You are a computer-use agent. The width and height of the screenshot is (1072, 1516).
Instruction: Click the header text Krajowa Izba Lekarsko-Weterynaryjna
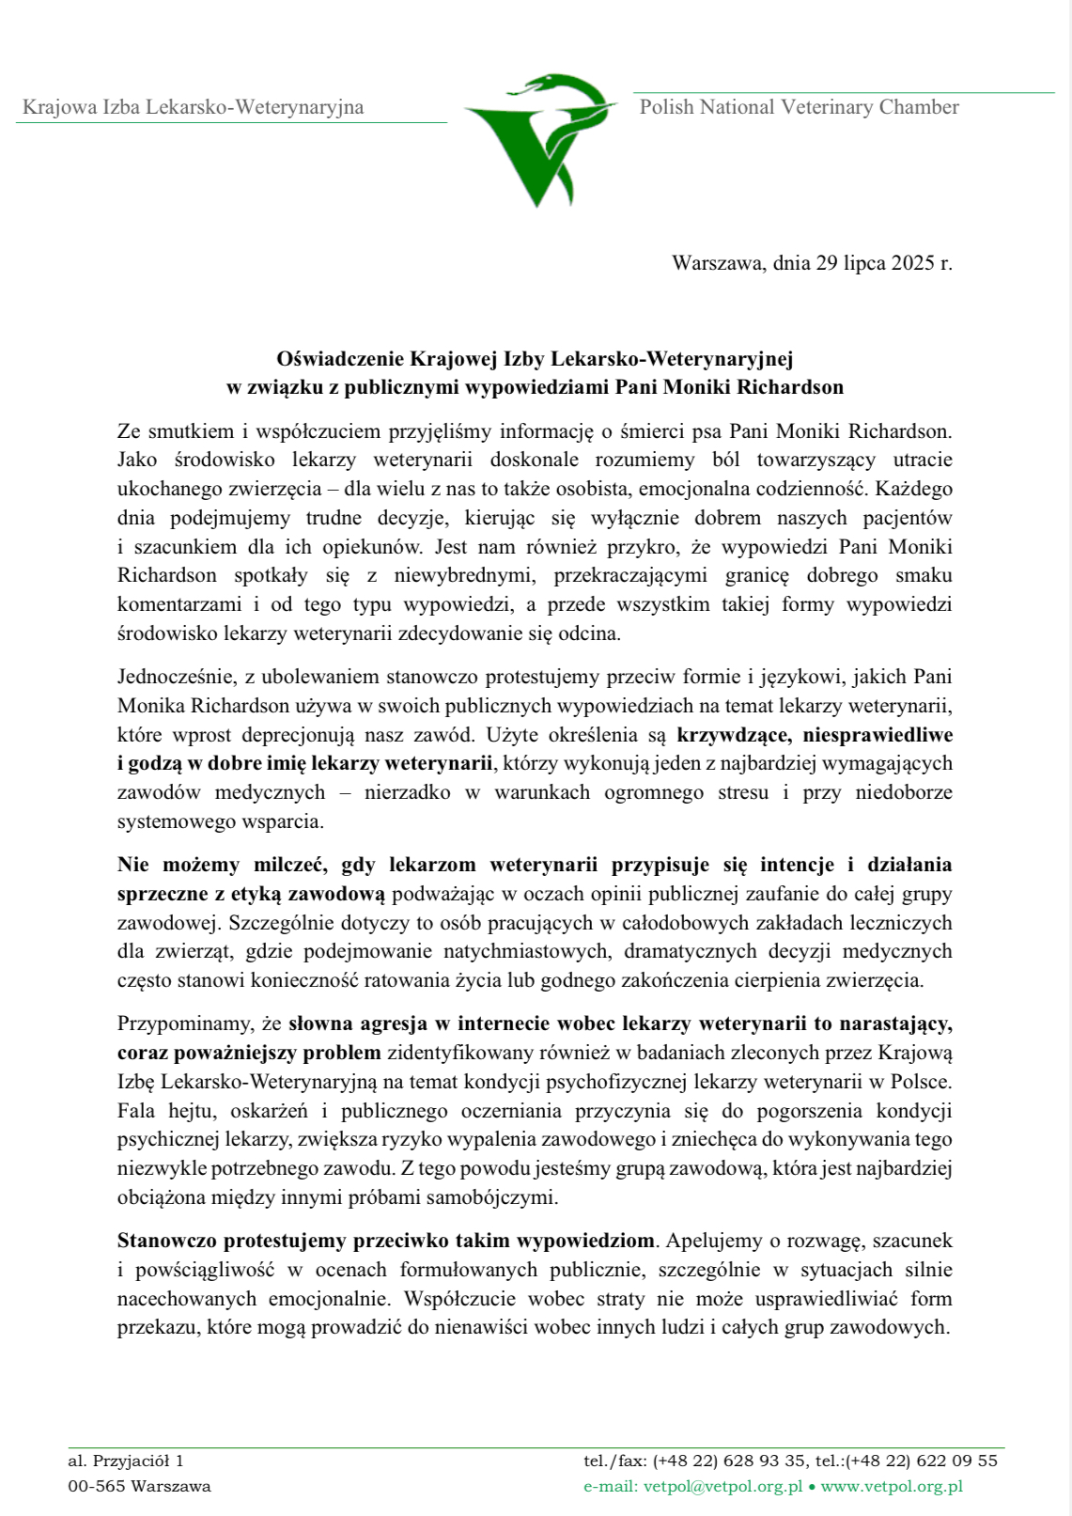193,107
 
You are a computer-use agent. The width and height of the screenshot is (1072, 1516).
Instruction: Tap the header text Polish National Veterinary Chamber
799,107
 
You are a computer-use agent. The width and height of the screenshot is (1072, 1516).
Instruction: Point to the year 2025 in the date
912,263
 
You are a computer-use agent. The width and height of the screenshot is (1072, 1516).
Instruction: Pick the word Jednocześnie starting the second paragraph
177,677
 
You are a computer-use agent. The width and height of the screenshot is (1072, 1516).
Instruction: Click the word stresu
743,792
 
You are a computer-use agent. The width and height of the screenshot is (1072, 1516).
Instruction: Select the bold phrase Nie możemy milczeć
223,865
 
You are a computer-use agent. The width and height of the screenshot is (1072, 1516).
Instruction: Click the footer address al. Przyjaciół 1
126,1461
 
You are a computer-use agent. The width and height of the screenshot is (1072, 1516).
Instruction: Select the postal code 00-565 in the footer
96,1486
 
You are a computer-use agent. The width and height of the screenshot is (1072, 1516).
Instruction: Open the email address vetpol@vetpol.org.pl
722,1486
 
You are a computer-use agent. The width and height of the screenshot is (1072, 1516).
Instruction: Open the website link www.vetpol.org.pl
892,1486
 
